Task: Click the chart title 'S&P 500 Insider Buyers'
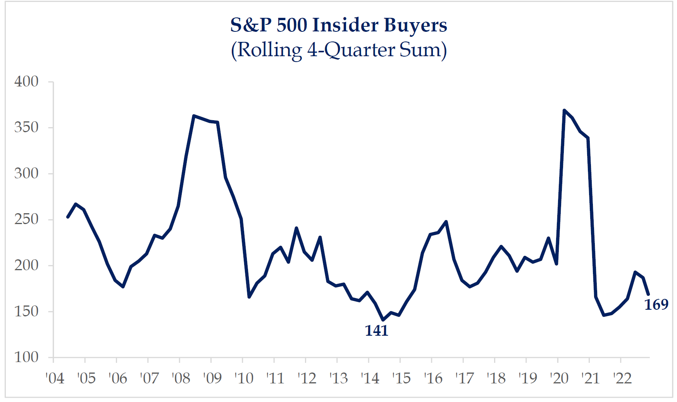339,25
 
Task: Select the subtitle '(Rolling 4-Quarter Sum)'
339,50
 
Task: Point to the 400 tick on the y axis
26,81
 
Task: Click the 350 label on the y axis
26,127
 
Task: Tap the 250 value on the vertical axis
26,219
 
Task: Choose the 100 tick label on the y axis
26,357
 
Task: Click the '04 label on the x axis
55,378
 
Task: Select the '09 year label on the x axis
212,378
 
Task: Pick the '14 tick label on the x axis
370,378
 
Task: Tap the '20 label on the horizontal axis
559,378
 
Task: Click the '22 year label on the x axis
622,378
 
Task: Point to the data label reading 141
376,331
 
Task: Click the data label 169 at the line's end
656,305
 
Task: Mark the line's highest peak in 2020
564,110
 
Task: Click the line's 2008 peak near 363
194,116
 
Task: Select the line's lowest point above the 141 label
383,320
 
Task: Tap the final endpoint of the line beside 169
648,294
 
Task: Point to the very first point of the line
68,217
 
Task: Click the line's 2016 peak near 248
446,222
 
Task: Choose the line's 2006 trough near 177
123,287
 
